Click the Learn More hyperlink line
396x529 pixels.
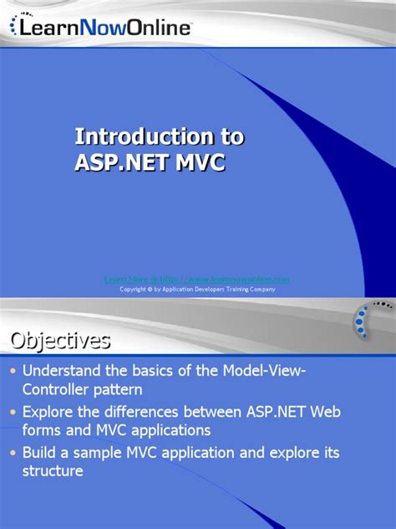(197, 278)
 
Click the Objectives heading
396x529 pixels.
(60, 341)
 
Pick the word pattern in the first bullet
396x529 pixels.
(124, 390)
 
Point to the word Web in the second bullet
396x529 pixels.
(325, 412)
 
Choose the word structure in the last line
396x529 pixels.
(53, 471)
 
